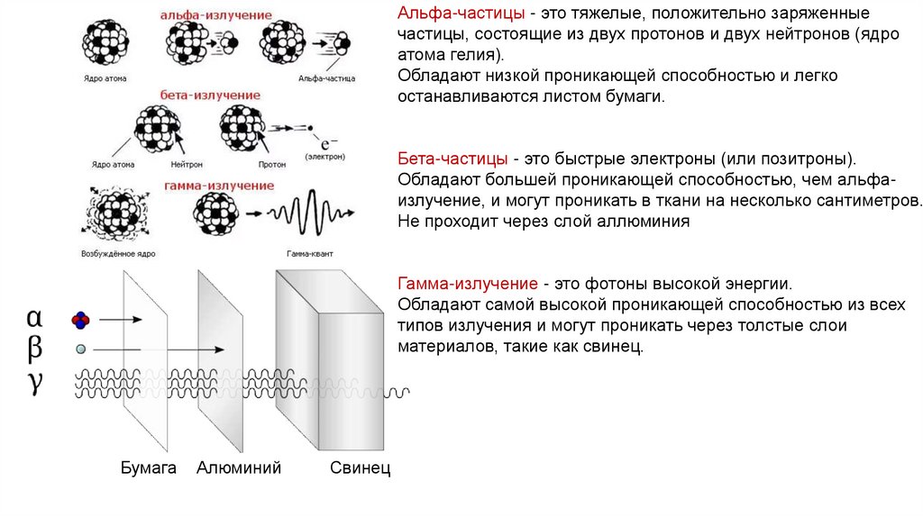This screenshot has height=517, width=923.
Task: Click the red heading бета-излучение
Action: [211, 95]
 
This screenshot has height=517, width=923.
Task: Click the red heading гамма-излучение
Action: [219, 186]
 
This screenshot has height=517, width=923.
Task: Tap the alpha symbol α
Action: [34, 318]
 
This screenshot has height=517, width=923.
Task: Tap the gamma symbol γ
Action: [34, 382]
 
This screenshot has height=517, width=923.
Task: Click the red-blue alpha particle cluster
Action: [81, 319]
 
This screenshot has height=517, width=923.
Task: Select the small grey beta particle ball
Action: [81, 349]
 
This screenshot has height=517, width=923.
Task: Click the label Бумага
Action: [147, 468]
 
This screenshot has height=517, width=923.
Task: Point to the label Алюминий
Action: [239, 468]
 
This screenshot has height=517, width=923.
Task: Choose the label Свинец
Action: [360, 468]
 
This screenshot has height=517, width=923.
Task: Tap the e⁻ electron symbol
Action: [329, 144]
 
